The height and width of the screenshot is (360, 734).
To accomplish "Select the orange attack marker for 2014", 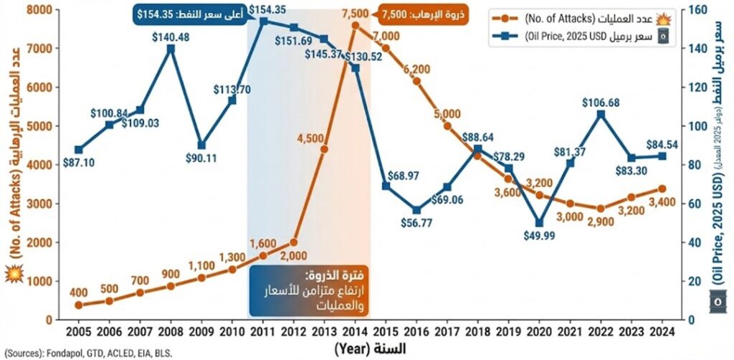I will (355, 25).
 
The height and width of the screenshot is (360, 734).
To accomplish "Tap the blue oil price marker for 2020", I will (539, 223).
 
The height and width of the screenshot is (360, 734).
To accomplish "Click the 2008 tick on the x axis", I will (171, 331).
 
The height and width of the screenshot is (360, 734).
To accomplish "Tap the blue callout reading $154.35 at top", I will (189, 12).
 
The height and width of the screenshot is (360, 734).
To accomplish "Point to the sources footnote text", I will (87, 353).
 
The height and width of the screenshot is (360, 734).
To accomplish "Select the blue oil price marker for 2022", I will (601, 114).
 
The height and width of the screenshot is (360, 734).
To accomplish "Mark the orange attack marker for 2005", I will (79, 305).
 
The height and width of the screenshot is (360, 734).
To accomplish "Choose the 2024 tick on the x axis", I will (662, 331).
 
